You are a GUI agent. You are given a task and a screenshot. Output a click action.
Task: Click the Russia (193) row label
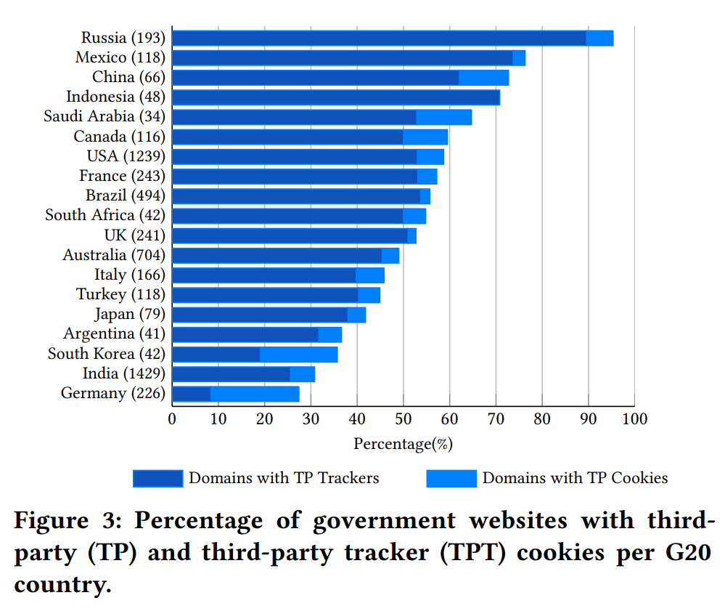tap(123, 38)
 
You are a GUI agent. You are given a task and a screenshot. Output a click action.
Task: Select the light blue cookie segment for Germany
tap(255, 394)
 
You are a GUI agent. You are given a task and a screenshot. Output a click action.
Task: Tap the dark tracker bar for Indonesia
tap(335, 97)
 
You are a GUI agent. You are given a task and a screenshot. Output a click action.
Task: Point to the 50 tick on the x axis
tap(404, 418)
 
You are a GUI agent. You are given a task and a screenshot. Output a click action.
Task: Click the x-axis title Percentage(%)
tap(403, 443)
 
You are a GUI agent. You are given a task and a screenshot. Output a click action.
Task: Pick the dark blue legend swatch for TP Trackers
tap(157, 478)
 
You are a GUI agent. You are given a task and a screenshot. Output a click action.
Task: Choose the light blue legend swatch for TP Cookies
tap(451, 478)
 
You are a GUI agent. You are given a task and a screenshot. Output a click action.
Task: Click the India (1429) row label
tap(123, 373)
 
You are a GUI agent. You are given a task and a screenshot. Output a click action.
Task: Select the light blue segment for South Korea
tap(298, 354)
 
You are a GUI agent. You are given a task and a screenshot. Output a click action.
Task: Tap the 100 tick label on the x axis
tap(634, 418)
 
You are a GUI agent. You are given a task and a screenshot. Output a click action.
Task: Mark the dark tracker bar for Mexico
tap(342, 57)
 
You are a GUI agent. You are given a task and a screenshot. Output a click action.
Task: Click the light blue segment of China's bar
tap(483, 77)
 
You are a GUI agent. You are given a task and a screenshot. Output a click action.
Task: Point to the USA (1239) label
tap(126, 156)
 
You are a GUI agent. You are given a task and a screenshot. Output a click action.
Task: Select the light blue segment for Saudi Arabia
tap(443, 117)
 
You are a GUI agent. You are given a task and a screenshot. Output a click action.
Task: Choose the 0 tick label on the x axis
tap(172, 418)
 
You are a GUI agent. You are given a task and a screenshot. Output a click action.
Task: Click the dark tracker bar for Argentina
tap(245, 334)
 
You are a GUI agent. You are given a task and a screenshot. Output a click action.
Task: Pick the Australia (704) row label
tap(114, 255)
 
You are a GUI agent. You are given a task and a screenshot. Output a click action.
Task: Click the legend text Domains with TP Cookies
tap(575, 478)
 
